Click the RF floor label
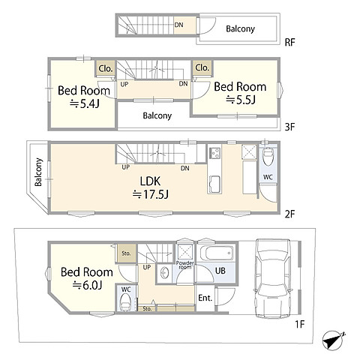[x=289, y=42]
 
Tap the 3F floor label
[x=290, y=127]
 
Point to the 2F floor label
[x=290, y=214]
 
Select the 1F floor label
[x=299, y=324]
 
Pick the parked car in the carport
[x=273, y=279]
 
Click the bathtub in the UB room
[x=217, y=253]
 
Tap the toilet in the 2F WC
[x=268, y=157]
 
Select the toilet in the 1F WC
[x=125, y=301]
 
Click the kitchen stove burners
[x=214, y=153]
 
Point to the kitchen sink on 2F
[x=214, y=184]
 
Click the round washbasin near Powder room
[x=164, y=273]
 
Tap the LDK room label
[x=150, y=181]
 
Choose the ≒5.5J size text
[x=241, y=100]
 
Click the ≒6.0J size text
[x=87, y=285]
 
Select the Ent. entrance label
[x=205, y=298]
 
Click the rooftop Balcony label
[x=240, y=29]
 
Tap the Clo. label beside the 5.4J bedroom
[x=106, y=68]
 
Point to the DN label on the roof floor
[x=178, y=25]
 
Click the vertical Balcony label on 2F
[x=38, y=172]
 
